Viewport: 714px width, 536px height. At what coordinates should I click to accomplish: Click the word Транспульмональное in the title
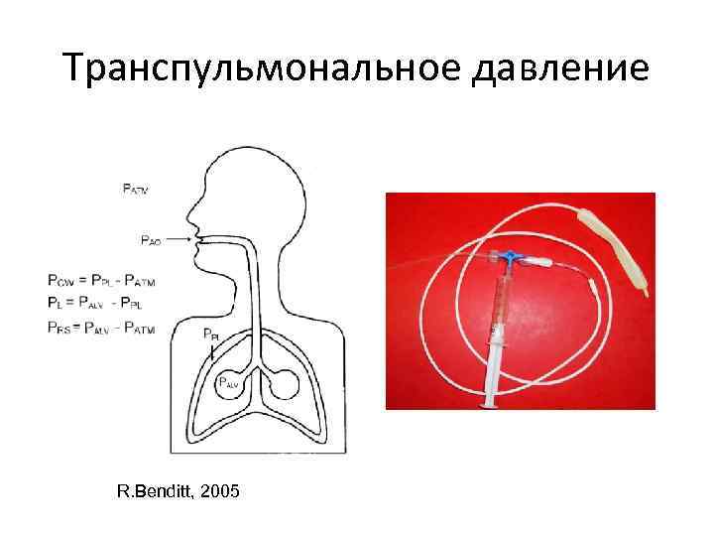(238, 68)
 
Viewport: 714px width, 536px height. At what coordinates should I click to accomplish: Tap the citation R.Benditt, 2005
(177, 491)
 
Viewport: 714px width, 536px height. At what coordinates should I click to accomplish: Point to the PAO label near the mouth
(151, 239)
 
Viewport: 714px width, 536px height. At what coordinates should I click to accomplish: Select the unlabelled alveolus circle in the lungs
(289, 381)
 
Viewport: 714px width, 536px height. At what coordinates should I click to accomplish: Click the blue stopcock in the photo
(509, 257)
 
